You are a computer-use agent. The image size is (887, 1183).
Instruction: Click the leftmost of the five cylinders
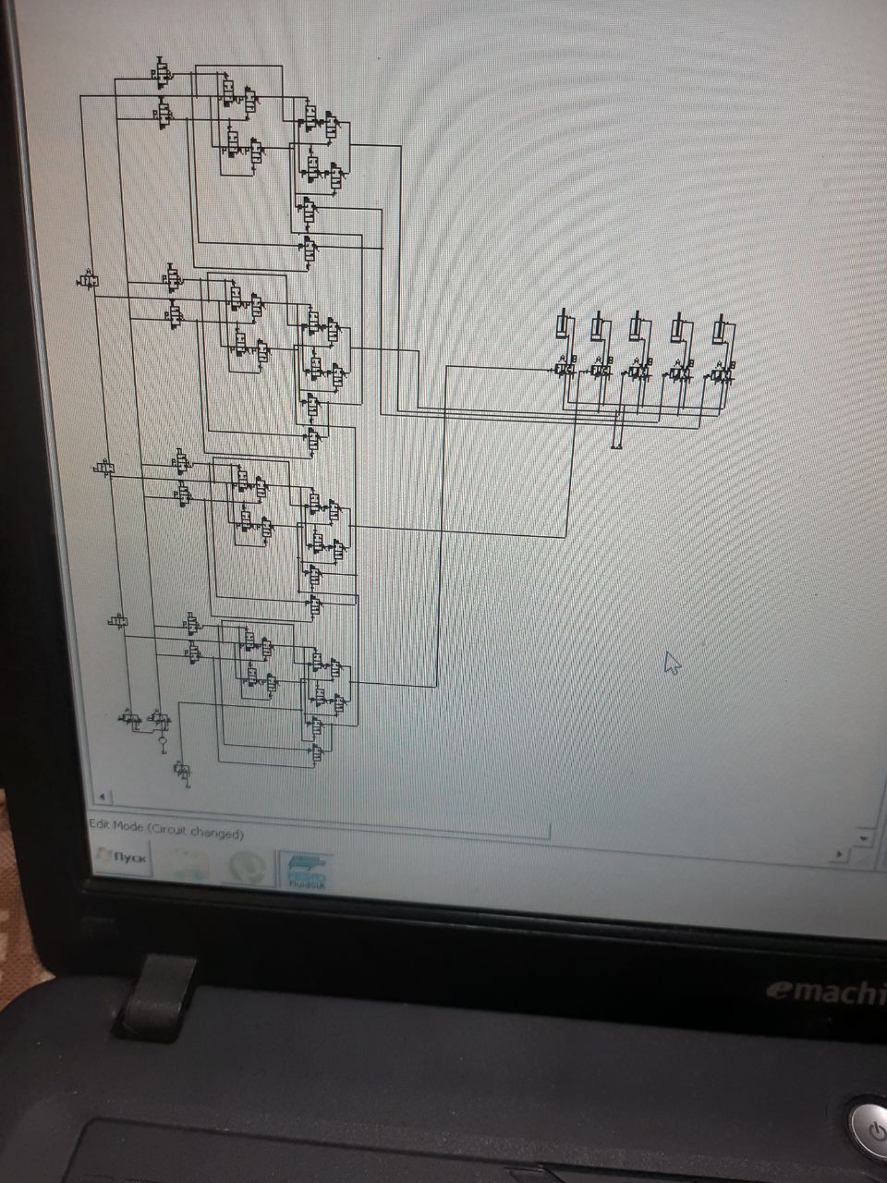563,328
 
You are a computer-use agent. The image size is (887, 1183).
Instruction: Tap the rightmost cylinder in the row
721,329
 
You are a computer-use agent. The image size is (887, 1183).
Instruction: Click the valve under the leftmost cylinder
565,370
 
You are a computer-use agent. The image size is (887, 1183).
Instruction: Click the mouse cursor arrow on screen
672,662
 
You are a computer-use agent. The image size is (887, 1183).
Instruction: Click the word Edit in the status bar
97,825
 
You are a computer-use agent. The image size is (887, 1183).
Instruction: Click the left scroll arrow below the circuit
102,797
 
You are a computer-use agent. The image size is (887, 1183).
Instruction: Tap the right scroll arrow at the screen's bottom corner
839,855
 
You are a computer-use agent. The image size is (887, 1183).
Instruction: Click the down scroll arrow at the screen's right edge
865,838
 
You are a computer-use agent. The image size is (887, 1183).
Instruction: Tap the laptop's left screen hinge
159,997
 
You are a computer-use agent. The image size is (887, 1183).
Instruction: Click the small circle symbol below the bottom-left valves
163,740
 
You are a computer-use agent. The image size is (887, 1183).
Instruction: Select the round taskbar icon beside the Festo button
246,868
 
